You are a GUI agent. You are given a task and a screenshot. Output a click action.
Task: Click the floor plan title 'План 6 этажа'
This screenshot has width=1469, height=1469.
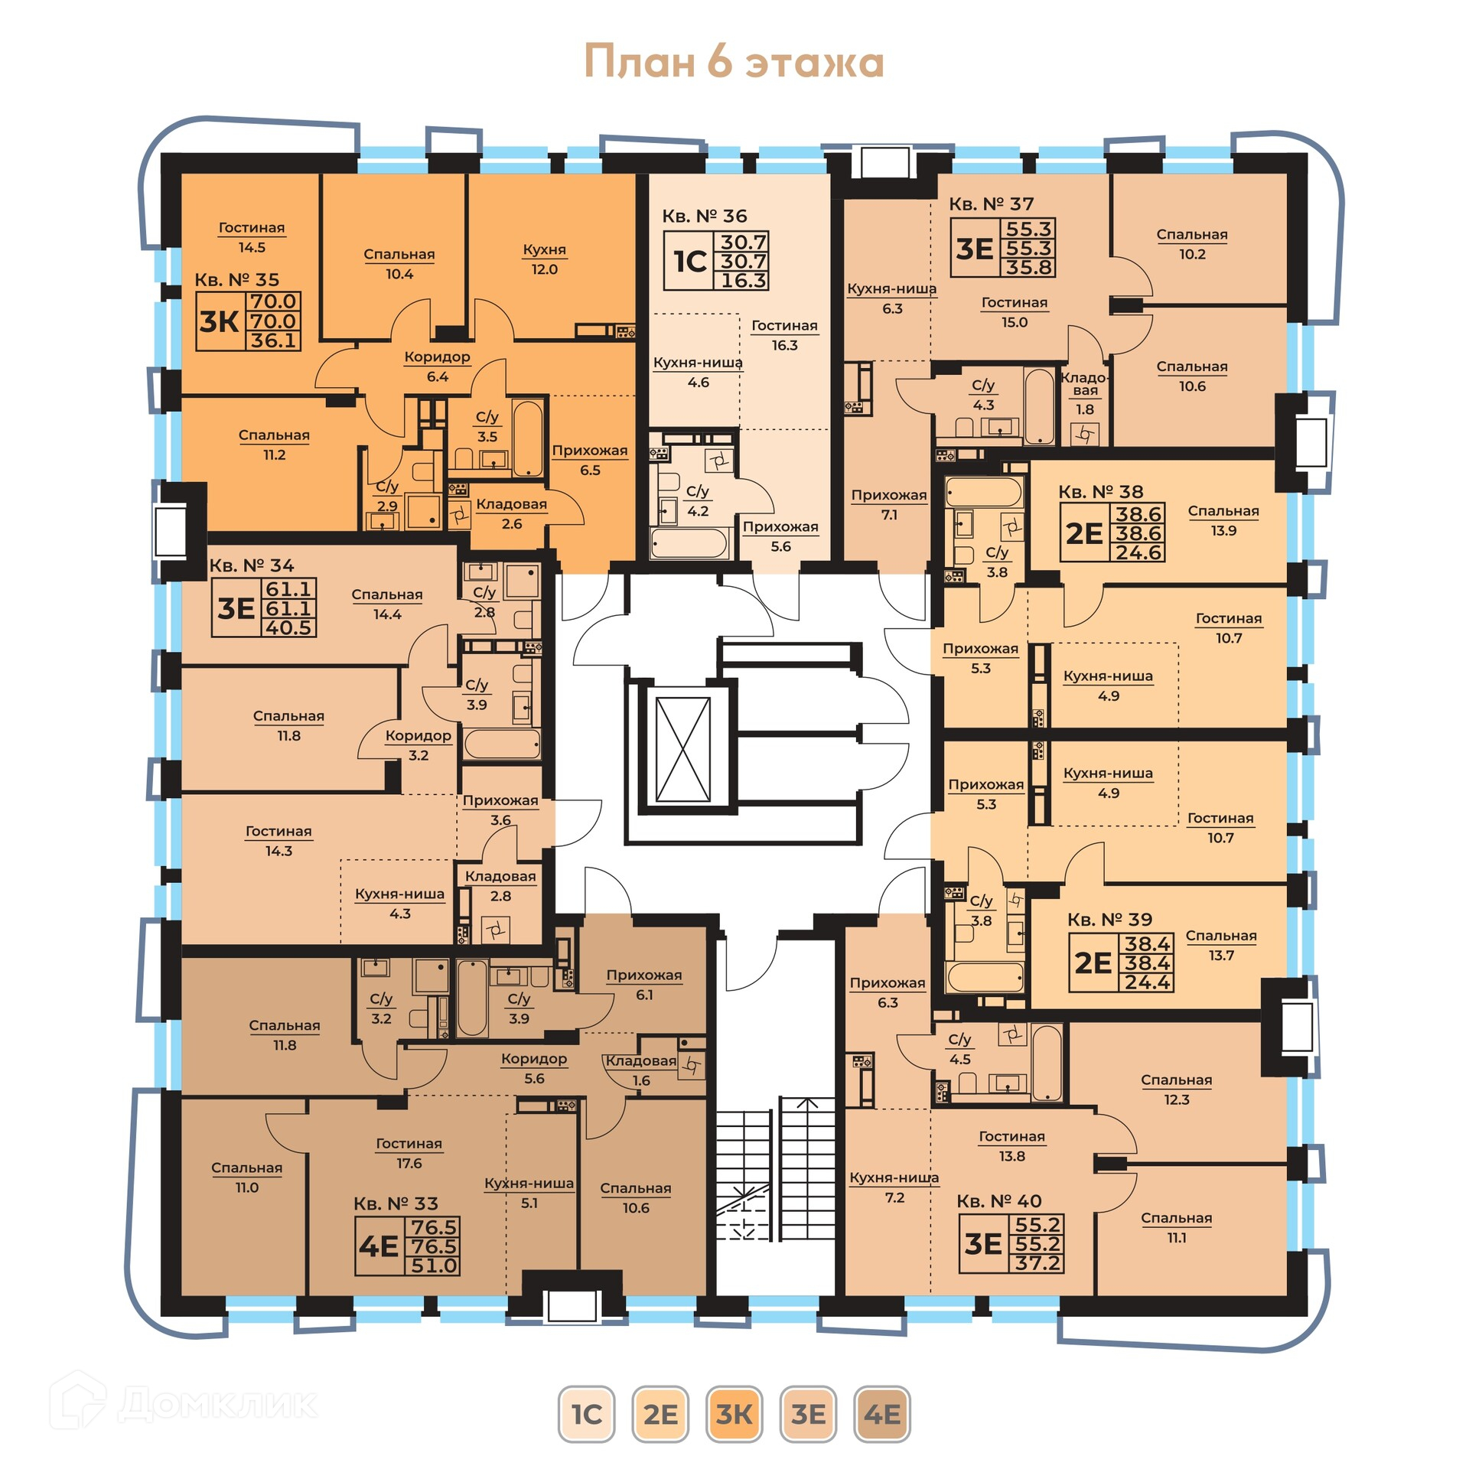click(x=734, y=61)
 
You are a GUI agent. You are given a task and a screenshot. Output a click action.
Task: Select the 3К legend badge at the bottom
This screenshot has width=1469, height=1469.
click(x=734, y=1414)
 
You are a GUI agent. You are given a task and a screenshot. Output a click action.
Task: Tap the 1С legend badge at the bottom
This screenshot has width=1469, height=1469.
click(x=586, y=1414)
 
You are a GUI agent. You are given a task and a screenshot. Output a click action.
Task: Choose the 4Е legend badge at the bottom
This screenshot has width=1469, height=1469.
click(x=881, y=1414)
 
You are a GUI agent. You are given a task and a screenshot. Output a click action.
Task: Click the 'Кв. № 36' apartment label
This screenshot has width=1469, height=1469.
click(x=705, y=217)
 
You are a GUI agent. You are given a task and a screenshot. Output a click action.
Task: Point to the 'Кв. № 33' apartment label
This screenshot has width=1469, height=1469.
click(x=396, y=1204)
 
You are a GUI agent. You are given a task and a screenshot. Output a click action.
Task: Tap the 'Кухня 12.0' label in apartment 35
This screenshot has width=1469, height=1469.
click(x=545, y=259)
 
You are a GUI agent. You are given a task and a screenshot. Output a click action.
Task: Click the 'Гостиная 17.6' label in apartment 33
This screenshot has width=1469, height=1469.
click(x=409, y=1153)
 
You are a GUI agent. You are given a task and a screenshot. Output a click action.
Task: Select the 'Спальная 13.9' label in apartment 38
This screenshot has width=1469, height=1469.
click(x=1223, y=520)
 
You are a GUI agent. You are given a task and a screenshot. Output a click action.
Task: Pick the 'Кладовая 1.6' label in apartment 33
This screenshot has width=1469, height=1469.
click(x=641, y=1070)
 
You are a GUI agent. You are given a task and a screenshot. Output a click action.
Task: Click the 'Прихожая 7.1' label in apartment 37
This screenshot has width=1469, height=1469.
click(x=889, y=505)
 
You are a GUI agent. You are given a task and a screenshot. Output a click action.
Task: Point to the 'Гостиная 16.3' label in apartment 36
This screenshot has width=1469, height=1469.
click(x=784, y=335)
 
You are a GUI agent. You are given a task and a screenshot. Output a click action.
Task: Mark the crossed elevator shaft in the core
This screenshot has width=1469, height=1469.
click(x=683, y=749)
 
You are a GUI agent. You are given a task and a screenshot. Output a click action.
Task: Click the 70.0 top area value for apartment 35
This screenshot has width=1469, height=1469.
click(x=274, y=301)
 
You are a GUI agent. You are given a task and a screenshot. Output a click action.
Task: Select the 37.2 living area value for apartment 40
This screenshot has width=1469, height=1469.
click(x=1037, y=1263)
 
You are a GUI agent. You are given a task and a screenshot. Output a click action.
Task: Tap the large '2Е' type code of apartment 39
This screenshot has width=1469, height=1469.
click(x=1093, y=963)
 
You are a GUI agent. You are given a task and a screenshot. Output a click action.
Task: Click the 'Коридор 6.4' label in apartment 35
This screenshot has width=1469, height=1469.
click(x=438, y=366)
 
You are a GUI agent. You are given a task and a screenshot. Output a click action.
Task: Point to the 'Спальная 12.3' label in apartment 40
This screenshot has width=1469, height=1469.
click(x=1177, y=1090)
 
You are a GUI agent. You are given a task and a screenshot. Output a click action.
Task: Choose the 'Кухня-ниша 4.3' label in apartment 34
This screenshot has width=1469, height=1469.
click(x=400, y=904)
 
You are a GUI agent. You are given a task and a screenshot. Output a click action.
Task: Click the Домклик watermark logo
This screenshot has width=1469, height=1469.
click(x=184, y=1403)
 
